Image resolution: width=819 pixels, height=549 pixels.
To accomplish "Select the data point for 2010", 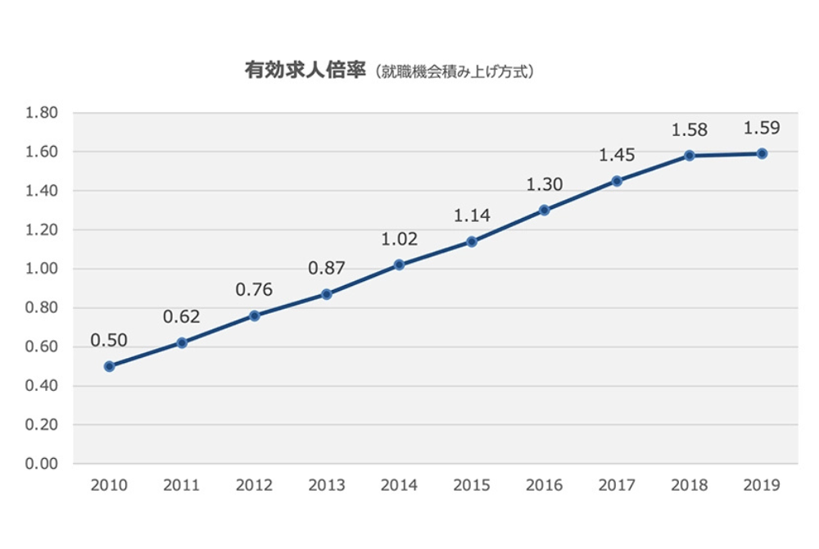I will (109, 366).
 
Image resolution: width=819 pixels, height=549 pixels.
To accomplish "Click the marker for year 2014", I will (400, 265).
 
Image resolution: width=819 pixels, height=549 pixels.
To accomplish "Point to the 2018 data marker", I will (690, 156).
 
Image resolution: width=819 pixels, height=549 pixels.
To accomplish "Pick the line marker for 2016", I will (545, 210).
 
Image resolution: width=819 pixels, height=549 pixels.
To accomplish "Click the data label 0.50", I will (109, 340).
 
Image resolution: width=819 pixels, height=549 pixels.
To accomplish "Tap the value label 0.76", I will (254, 290).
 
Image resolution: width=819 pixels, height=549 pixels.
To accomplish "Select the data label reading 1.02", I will (400, 239).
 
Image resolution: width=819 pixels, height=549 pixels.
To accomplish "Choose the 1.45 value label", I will (617, 155).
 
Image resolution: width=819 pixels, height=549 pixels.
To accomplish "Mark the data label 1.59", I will (762, 128).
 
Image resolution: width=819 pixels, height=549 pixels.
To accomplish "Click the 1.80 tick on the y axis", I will (42, 113).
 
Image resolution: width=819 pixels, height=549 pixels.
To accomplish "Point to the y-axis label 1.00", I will (42, 269).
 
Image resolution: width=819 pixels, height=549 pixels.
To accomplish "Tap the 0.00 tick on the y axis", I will (42, 464).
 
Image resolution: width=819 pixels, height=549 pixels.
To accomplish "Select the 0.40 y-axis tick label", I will (42, 386).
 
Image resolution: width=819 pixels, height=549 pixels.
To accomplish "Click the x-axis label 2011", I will (181, 485).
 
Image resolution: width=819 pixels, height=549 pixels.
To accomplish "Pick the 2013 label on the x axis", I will (327, 485).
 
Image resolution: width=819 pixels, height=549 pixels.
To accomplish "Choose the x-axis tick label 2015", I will (472, 485).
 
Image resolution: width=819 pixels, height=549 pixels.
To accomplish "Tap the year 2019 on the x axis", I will (762, 485).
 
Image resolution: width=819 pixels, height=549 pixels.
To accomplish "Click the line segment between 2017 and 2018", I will (654, 168).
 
